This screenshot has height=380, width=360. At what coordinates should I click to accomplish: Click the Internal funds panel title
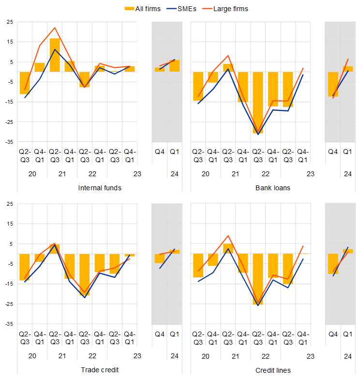tap(100, 188)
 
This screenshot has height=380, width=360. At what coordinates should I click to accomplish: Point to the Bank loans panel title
tap(273, 188)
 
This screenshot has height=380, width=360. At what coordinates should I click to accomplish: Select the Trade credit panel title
tap(100, 370)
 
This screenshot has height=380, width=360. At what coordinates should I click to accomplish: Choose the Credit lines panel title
tap(273, 370)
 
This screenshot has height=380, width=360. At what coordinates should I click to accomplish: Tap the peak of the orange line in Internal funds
tap(55, 28)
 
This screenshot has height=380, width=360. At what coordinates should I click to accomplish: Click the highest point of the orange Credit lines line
tap(228, 236)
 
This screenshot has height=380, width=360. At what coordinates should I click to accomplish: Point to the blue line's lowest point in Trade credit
tap(85, 297)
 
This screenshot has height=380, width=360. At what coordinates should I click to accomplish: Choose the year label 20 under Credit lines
tap(205, 356)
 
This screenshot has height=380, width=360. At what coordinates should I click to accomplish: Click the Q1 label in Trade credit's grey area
tap(174, 334)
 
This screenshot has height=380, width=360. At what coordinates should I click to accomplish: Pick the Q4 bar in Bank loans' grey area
tap(332, 84)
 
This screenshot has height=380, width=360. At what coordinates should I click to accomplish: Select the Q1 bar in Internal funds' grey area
tap(174, 66)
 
